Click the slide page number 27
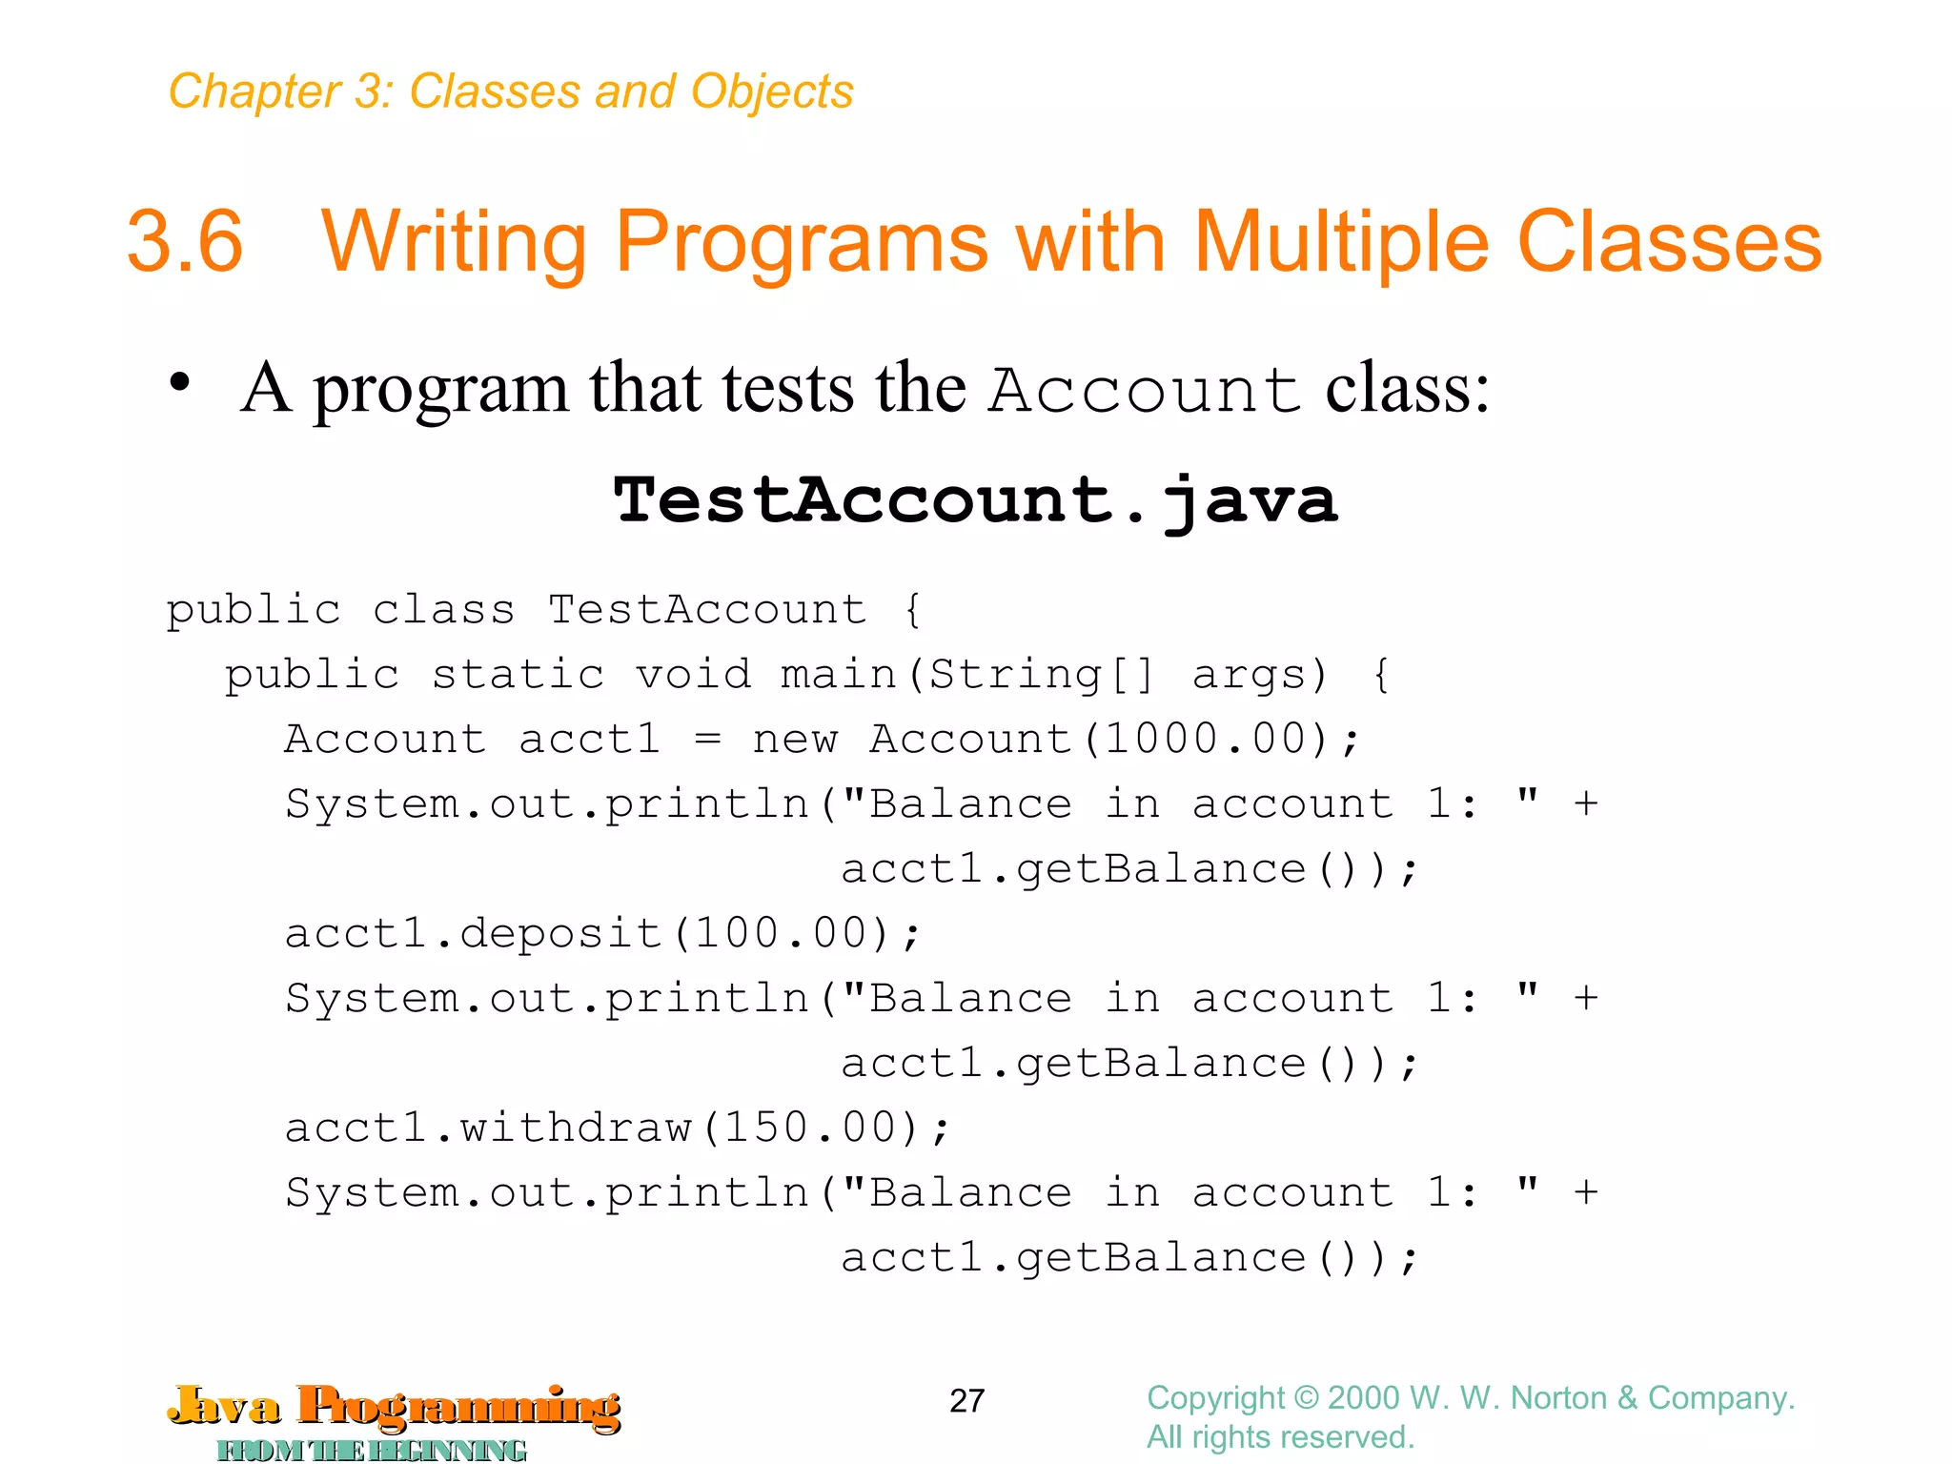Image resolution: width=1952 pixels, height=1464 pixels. pos(966,1400)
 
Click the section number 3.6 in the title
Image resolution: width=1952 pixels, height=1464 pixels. pos(185,242)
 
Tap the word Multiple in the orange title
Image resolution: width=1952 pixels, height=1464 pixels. pos(1340,242)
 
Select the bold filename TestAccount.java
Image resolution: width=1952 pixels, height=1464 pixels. pos(975,500)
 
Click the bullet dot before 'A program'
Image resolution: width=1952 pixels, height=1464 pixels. pos(179,384)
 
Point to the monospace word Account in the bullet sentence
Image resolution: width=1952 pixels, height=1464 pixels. pos(1144,390)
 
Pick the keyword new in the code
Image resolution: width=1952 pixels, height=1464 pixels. pos(795,740)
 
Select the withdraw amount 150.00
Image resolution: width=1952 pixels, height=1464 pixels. pos(809,1128)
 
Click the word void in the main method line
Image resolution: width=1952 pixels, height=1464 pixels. pos(693,675)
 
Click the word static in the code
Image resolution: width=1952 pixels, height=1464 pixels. pos(518,675)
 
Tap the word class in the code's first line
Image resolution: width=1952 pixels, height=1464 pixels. pos(444,610)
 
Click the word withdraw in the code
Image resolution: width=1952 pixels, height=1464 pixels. pos(576,1128)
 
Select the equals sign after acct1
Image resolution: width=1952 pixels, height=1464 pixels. pos(707,740)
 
